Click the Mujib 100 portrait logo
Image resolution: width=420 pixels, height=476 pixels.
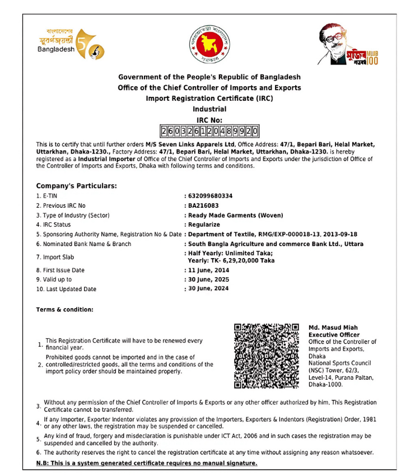(348, 45)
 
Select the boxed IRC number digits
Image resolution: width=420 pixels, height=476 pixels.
(209, 132)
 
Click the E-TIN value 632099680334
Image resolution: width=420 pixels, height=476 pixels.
(210, 196)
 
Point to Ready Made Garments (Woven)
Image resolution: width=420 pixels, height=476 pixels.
(235, 215)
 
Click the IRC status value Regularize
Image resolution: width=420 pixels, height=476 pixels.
(204, 225)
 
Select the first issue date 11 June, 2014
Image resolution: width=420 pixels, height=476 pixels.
(208, 270)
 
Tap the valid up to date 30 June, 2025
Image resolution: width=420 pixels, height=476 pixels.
(208, 279)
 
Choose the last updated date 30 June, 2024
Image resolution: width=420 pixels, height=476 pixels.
(208, 288)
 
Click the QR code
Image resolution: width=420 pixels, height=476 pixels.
(267, 356)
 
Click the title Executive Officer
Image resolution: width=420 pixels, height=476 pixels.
(334, 334)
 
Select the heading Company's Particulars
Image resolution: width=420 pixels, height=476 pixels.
(76, 185)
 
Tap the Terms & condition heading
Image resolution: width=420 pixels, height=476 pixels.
(65, 309)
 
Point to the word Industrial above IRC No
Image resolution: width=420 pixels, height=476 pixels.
(209, 109)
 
